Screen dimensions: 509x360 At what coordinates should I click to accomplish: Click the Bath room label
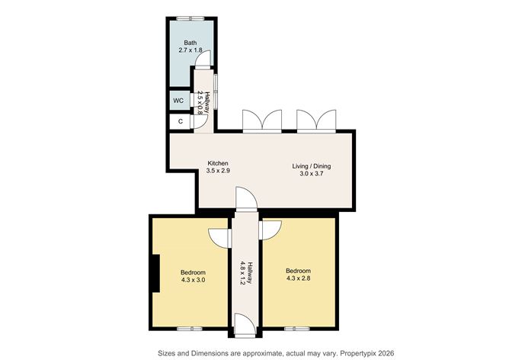[x=190, y=43]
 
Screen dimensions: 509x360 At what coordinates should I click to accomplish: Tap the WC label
[x=178, y=101]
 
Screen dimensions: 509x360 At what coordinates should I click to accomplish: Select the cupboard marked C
[x=181, y=121]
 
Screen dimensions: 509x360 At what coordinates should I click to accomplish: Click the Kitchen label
[x=218, y=163]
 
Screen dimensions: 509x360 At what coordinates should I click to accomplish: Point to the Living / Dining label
[x=312, y=166]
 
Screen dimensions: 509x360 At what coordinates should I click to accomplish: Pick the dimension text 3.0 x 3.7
[x=312, y=173]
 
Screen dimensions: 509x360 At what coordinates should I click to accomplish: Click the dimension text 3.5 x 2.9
[x=218, y=170]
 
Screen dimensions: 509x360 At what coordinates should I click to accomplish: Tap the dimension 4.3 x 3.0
[x=193, y=279]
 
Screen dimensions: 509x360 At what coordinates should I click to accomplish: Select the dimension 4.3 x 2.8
[x=298, y=278]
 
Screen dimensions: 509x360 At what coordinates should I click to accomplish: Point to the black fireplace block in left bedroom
[x=156, y=274]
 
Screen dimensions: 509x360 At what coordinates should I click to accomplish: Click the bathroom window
[x=190, y=18]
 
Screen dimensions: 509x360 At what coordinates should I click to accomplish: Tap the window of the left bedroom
[x=190, y=329]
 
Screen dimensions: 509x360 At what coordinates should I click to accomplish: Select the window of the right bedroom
[x=297, y=329]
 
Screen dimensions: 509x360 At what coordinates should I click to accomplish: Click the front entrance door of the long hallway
[x=245, y=325]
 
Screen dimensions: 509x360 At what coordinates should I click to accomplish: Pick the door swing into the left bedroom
[x=220, y=237]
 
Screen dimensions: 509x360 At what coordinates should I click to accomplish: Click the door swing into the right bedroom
[x=270, y=230]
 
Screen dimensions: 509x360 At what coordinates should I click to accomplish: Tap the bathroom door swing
[x=203, y=59]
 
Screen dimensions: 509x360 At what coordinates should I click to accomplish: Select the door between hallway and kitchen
[x=246, y=199]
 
